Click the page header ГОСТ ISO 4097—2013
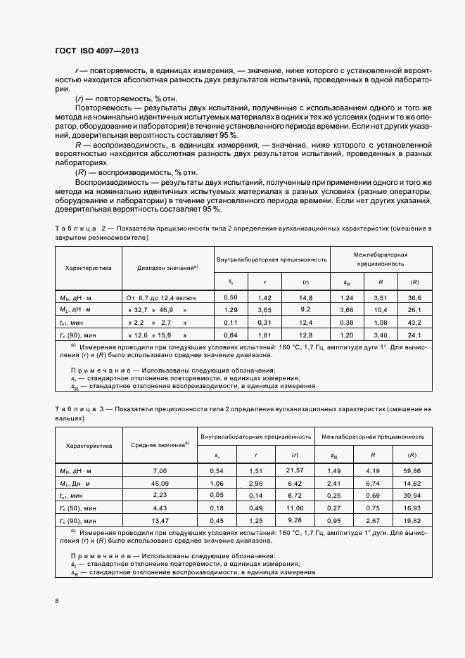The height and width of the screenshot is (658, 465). point(101,51)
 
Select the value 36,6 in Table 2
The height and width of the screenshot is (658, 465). point(414,297)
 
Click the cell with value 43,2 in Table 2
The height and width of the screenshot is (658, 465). point(414,321)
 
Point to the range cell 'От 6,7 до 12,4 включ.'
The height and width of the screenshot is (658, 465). point(162,297)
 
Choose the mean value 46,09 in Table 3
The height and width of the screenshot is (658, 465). point(160,483)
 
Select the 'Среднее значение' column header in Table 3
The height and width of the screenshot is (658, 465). point(160,444)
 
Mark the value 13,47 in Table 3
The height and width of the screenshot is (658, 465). point(160,521)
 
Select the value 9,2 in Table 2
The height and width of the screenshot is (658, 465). point(305,309)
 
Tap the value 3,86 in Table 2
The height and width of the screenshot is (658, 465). point(347,309)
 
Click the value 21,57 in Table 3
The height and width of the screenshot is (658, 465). point(295,470)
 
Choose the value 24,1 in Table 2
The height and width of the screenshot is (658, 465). point(414,334)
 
